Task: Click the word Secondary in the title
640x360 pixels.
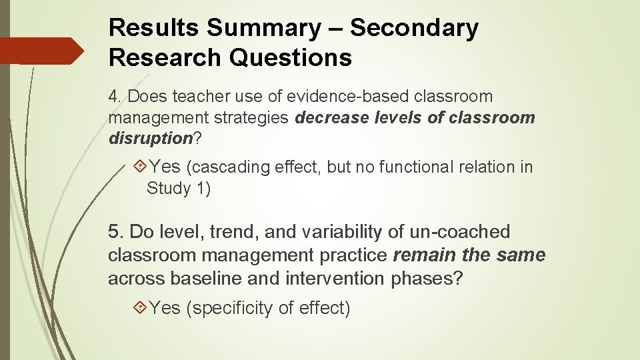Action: tap(414, 28)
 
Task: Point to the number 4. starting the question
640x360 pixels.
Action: tap(115, 97)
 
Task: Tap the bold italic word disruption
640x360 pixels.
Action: tap(150, 139)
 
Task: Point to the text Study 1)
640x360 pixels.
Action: tap(179, 189)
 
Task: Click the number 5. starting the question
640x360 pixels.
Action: tap(116, 232)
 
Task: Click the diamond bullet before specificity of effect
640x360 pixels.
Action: tap(139, 308)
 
